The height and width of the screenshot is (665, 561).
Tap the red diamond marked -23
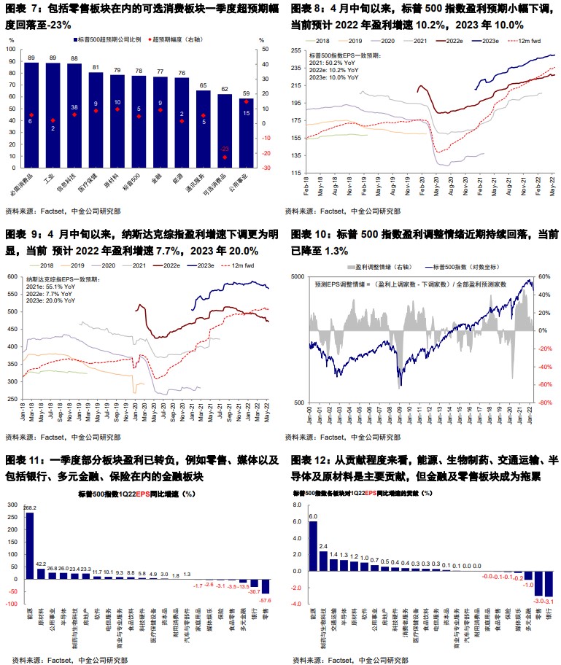225,157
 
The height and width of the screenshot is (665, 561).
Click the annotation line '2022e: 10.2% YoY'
332,70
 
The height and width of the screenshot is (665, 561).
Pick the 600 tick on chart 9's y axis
15,277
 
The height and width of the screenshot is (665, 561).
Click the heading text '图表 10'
310,235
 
